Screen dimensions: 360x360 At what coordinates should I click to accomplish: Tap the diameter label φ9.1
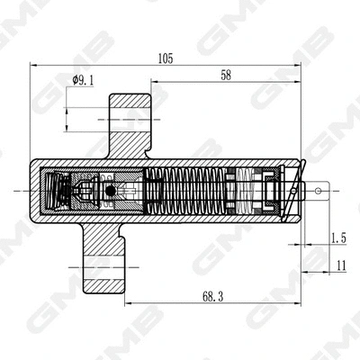(x=83, y=80)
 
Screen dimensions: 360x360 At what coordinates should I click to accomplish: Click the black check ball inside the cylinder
(x=110, y=191)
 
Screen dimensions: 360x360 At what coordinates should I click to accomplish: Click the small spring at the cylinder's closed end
(x=59, y=191)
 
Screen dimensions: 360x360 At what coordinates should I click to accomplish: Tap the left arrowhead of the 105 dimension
(x=34, y=65)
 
